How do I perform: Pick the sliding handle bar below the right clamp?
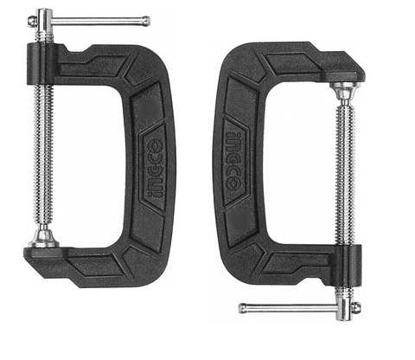click(x=294, y=307)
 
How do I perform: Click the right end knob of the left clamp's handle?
click(x=144, y=21)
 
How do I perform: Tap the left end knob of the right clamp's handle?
click(x=243, y=306)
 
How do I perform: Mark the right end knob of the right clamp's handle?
click(x=354, y=308)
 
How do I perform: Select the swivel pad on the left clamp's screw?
click(x=42, y=238)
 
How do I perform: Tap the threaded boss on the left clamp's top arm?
click(x=43, y=59)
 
